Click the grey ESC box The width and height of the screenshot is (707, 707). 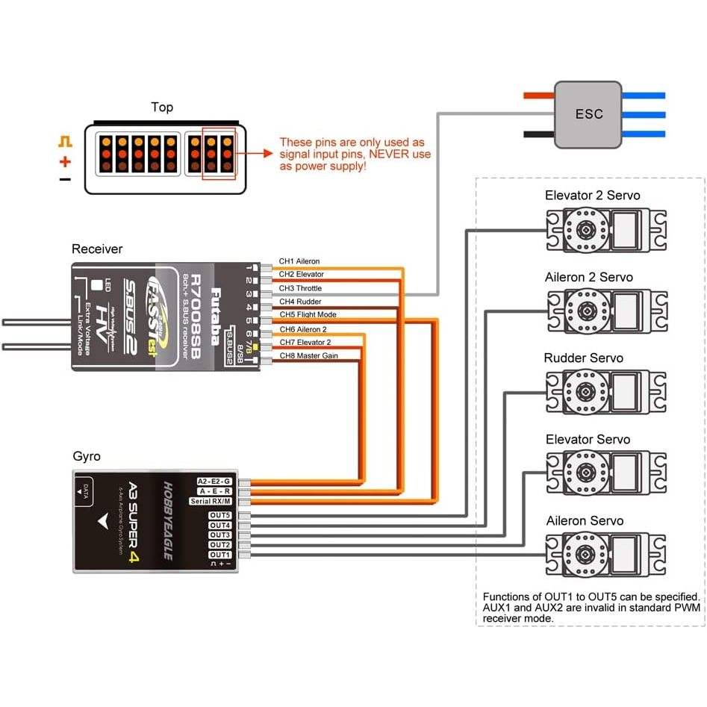pyautogui.click(x=588, y=115)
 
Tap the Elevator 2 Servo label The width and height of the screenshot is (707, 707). pyautogui.click(x=592, y=196)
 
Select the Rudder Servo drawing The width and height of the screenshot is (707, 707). pyautogui.click(x=605, y=390)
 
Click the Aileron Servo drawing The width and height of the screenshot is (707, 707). pyautogui.click(x=605, y=553)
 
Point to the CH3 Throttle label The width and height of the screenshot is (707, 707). pyautogui.click(x=300, y=288)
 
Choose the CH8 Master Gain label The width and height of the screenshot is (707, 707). pyautogui.click(x=308, y=356)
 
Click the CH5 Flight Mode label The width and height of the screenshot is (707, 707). pyautogui.click(x=308, y=315)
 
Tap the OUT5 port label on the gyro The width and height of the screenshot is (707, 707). pyautogui.click(x=219, y=516)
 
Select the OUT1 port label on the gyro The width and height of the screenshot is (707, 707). pyautogui.click(x=219, y=555)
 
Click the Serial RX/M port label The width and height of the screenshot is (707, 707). pyautogui.click(x=211, y=501)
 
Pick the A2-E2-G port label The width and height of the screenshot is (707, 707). pyautogui.click(x=214, y=481)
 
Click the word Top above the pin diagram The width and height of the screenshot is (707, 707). pyautogui.click(x=162, y=108)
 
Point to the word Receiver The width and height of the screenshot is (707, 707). pyautogui.click(x=97, y=249)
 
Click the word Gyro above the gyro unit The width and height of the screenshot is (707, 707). pyautogui.click(x=87, y=455)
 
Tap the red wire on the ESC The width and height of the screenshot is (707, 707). pyautogui.click(x=538, y=96)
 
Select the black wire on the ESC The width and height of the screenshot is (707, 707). pyautogui.click(x=538, y=134)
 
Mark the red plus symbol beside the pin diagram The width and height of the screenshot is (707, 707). pyautogui.click(x=66, y=161)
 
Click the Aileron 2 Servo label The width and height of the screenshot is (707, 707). pyautogui.click(x=588, y=277)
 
